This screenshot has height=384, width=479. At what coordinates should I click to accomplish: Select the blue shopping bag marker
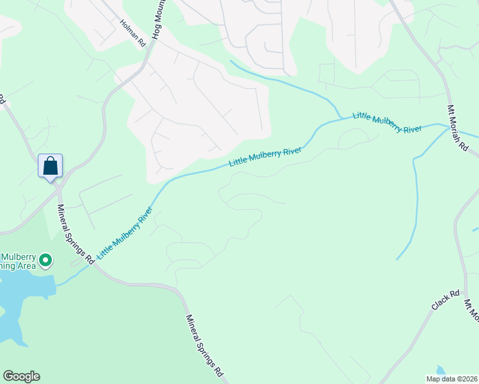[x=50, y=166]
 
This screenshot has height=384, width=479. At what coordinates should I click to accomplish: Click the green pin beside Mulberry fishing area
[x=45, y=260]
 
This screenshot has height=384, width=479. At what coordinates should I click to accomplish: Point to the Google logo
[x=21, y=376]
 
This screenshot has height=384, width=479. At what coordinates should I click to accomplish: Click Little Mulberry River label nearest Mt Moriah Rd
[x=387, y=121]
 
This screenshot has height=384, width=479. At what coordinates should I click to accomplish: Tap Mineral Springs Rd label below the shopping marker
[x=76, y=234]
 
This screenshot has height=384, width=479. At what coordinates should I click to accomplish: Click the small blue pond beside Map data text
[x=439, y=370]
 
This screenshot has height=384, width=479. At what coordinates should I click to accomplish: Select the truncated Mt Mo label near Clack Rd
[x=471, y=310]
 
